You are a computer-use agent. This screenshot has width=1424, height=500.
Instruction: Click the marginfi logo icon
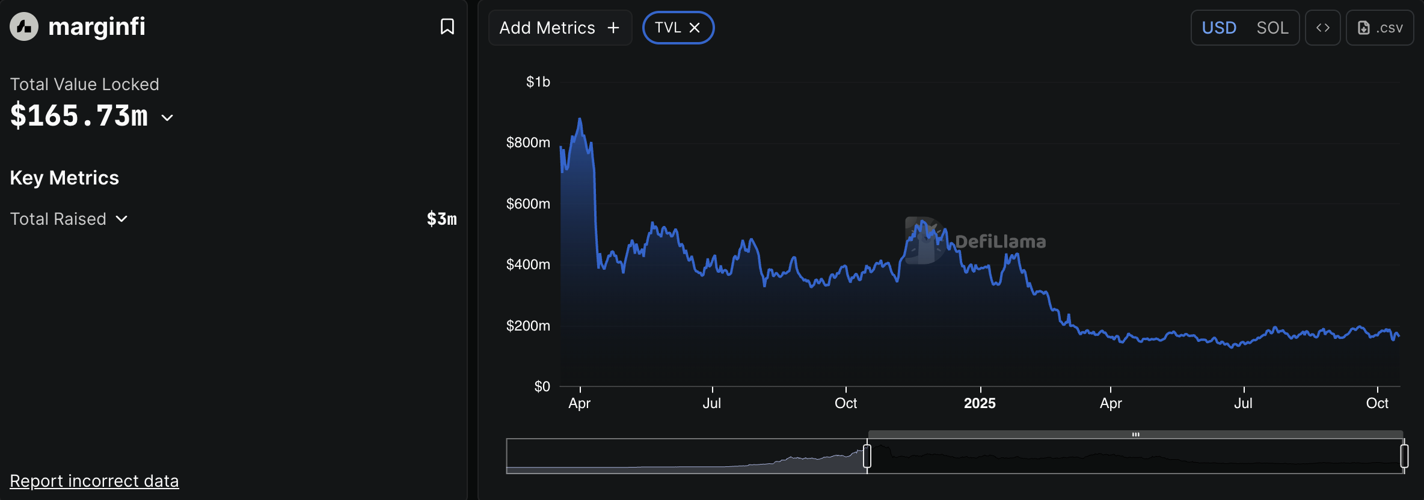pyautogui.click(x=24, y=26)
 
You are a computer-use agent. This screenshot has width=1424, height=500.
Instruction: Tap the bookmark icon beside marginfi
pyautogui.click(x=447, y=26)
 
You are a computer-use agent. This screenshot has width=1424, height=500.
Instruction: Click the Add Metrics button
pyautogui.click(x=560, y=28)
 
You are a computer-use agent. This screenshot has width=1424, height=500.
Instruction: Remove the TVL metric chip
pyautogui.click(x=695, y=28)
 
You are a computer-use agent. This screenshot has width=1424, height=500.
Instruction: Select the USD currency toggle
pyautogui.click(x=1219, y=28)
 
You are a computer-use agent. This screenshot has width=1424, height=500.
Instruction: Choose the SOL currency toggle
pyautogui.click(x=1272, y=28)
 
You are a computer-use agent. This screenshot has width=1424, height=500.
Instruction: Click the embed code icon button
pyautogui.click(x=1322, y=28)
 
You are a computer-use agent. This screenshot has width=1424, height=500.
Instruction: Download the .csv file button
pyautogui.click(x=1380, y=28)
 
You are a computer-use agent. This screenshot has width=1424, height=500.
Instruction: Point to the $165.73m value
pyautogui.click(x=79, y=115)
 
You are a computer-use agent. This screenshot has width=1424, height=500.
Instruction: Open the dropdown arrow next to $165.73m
pyautogui.click(x=168, y=118)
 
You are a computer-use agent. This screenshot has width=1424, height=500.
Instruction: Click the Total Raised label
pyautogui.click(x=58, y=219)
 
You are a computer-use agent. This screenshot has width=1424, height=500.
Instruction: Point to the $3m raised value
pyautogui.click(x=441, y=219)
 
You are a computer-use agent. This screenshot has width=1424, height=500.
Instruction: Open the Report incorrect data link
pyautogui.click(x=94, y=481)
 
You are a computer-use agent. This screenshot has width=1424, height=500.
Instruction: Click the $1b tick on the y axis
pyautogui.click(x=538, y=82)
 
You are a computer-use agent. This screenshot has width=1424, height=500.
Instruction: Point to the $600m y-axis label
pyautogui.click(x=528, y=204)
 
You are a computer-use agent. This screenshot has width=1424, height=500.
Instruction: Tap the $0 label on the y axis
pyautogui.click(x=542, y=386)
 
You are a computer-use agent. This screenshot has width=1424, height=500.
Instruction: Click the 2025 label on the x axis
pyautogui.click(x=980, y=403)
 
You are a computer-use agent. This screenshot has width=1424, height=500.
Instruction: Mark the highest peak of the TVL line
pyautogui.click(x=580, y=119)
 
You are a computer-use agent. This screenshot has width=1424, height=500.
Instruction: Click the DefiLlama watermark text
pyautogui.click(x=1000, y=242)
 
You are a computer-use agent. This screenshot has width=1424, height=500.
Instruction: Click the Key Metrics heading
pyautogui.click(x=64, y=178)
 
